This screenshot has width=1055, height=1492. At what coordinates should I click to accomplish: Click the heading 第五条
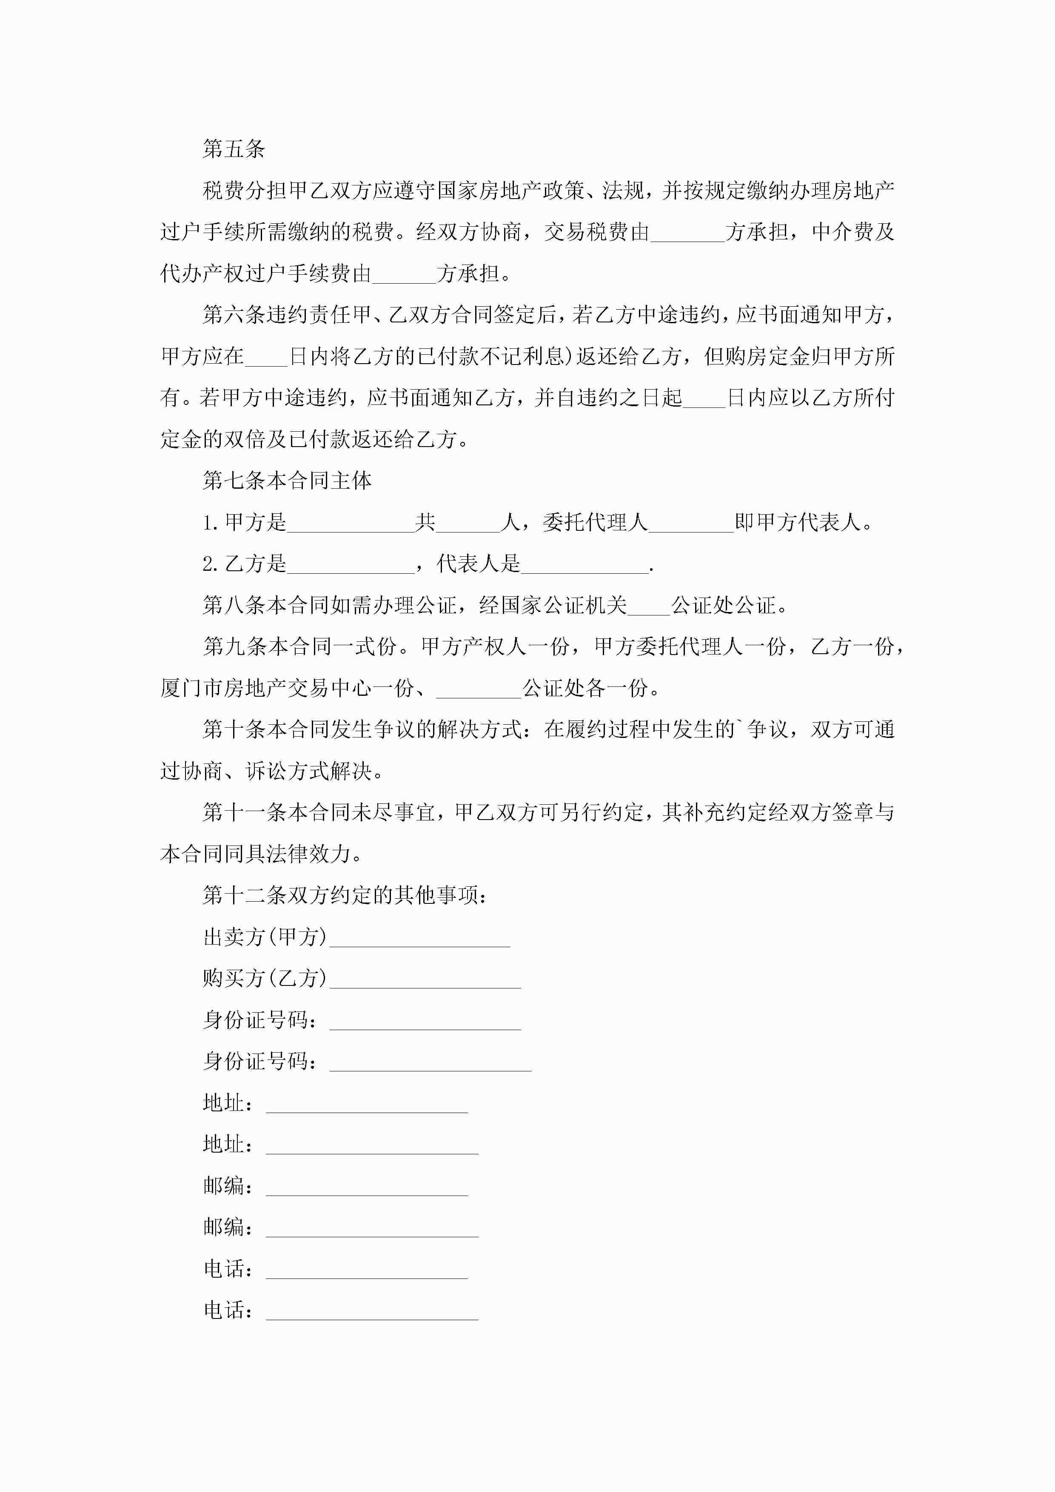pos(234,149)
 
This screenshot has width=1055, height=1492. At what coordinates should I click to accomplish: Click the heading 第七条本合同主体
pos(287,481)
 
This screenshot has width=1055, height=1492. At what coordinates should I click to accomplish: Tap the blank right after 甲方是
pos(351,524)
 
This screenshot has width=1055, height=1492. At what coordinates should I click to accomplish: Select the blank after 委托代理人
pos(691,524)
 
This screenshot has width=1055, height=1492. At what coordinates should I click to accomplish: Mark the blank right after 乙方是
pos(351,565)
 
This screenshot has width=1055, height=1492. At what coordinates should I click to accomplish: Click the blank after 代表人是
pos(585,565)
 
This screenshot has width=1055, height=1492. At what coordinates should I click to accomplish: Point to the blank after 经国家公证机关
pos(649,607)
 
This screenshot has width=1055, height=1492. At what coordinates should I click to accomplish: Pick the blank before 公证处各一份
pos(479,689)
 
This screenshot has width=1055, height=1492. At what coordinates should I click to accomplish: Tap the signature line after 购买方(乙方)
pos(425,980)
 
